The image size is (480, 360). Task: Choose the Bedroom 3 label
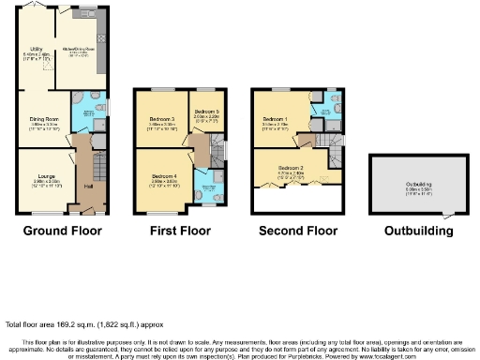point(162,119)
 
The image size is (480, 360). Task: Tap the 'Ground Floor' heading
point(62,230)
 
